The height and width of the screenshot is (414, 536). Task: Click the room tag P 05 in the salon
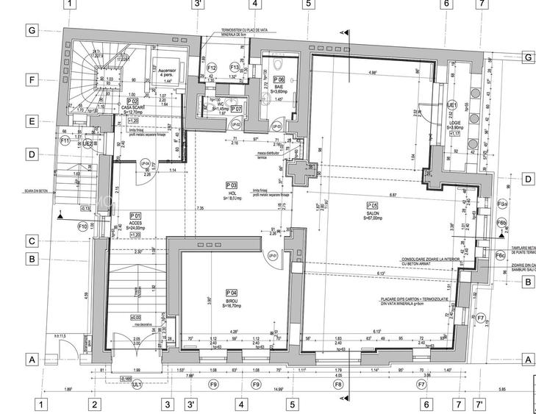pos(372,205)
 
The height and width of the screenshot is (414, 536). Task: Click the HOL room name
pos(231,193)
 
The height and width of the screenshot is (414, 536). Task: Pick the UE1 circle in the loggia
pos(452,105)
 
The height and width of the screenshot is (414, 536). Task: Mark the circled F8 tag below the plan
pos(339,384)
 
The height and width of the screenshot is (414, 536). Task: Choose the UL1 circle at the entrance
pos(136,384)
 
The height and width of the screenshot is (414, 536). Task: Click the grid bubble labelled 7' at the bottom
pos(479,404)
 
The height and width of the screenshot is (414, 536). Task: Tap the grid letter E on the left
pos(32,121)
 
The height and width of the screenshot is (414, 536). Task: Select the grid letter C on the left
pos(32,240)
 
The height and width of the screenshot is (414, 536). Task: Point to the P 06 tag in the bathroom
pos(279,79)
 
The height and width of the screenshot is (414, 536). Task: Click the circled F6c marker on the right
pos(501,255)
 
